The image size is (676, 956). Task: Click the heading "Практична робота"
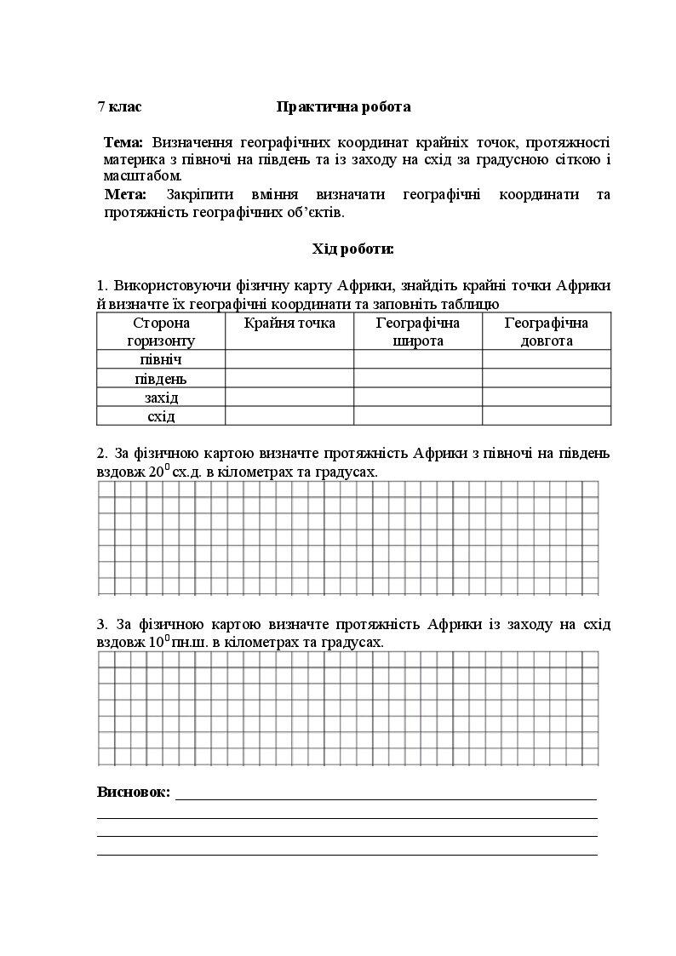click(343, 106)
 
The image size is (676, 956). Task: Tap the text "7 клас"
click(119, 106)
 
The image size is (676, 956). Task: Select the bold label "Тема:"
click(123, 141)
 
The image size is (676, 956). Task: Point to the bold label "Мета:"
click(125, 194)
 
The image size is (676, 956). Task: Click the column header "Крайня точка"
click(289, 323)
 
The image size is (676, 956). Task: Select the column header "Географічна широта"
click(417, 331)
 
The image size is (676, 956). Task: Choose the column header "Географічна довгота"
click(546, 331)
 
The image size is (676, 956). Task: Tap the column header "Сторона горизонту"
click(161, 331)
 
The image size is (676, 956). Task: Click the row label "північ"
click(161, 359)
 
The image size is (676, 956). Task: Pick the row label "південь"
click(161, 379)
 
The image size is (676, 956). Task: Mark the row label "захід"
click(161, 398)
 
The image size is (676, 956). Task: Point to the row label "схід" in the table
click(161, 416)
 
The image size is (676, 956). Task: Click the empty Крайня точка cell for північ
click(289, 359)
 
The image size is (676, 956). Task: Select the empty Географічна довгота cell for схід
click(546, 416)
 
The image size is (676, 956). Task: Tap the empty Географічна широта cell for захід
click(417, 398)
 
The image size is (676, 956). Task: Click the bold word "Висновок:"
click(134, 792)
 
